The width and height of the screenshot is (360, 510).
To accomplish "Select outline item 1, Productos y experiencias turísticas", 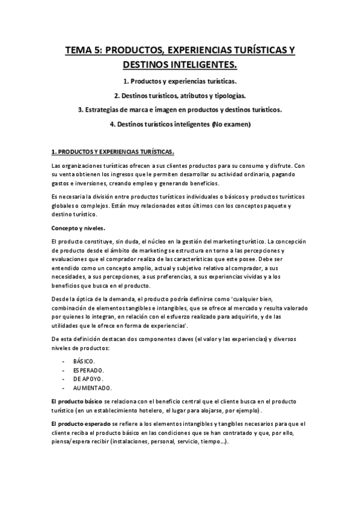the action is tap(180, 80).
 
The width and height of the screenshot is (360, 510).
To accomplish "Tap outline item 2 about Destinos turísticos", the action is tap(180, 95).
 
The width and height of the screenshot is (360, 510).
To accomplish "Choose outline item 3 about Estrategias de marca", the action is tap(180, 110).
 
